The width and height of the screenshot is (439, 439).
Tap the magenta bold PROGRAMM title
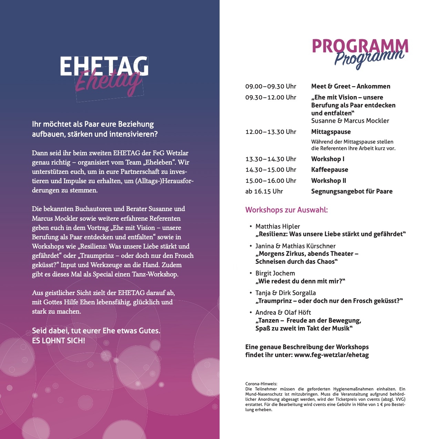360,46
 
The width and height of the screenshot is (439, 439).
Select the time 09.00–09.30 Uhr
271,86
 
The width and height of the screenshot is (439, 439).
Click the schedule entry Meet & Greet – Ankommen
351,86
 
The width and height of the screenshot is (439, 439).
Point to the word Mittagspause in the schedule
331,132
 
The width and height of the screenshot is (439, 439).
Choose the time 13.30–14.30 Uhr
271,159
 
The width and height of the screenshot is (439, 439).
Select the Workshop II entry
328,181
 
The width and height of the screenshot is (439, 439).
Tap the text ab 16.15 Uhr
264,191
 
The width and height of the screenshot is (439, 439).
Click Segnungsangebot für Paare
352,191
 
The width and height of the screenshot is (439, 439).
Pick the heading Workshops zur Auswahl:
286,210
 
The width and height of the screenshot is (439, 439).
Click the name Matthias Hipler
278,227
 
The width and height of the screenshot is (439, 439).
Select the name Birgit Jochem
275,273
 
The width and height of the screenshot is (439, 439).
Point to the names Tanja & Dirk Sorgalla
285,293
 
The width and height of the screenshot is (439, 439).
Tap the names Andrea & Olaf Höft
283,313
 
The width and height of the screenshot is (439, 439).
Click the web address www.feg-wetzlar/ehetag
331,355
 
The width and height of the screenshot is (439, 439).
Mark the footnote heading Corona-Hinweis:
261,384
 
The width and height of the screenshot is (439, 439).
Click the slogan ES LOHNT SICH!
59,341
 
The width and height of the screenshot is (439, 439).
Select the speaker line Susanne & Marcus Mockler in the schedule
350,121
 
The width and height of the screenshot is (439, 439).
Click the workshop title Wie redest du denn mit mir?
300,281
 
